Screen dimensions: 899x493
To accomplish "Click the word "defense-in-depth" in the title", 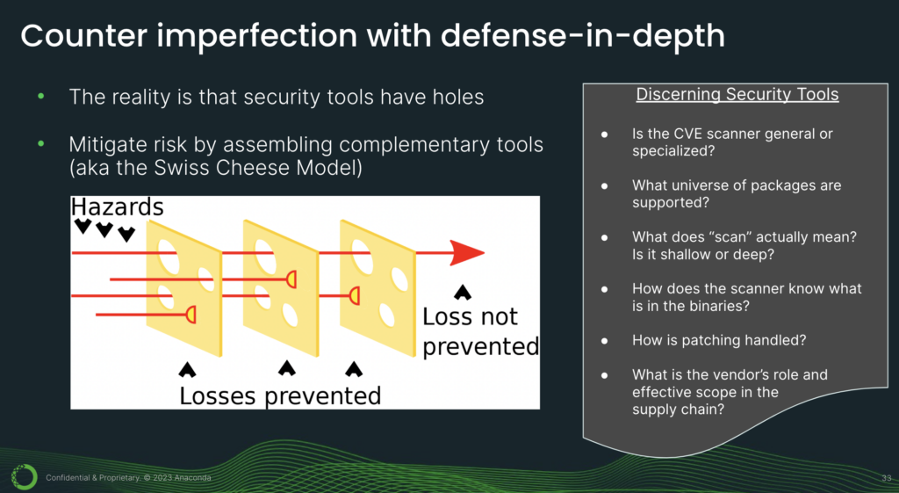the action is pyautogui.click(x=583, y=36).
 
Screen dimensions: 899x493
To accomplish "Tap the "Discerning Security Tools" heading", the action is pyautogui.click(x=737, y=94).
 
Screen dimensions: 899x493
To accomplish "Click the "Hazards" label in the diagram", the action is pyautogui.click(x=117, y=207).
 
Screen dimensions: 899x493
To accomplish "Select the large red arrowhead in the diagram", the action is pyautogui.click(x=467, y=252).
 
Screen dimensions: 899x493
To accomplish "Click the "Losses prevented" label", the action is pyautogui.click(x=280, y=396).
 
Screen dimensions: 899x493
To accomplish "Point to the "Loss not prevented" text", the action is pyautogui.click(x=480, y=331).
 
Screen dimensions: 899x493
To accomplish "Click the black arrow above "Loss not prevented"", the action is pyautogui.click(x=463, y=292).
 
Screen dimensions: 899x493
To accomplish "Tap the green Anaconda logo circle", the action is pyautogui.click(x=24, y=476).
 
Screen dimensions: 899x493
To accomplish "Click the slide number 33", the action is pyautogui.click(x=887, y=477).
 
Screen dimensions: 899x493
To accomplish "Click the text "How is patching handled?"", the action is pyautogui.click(x=719, y=340).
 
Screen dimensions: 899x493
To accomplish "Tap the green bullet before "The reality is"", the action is pyautogui.click(x=40, y=97).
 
